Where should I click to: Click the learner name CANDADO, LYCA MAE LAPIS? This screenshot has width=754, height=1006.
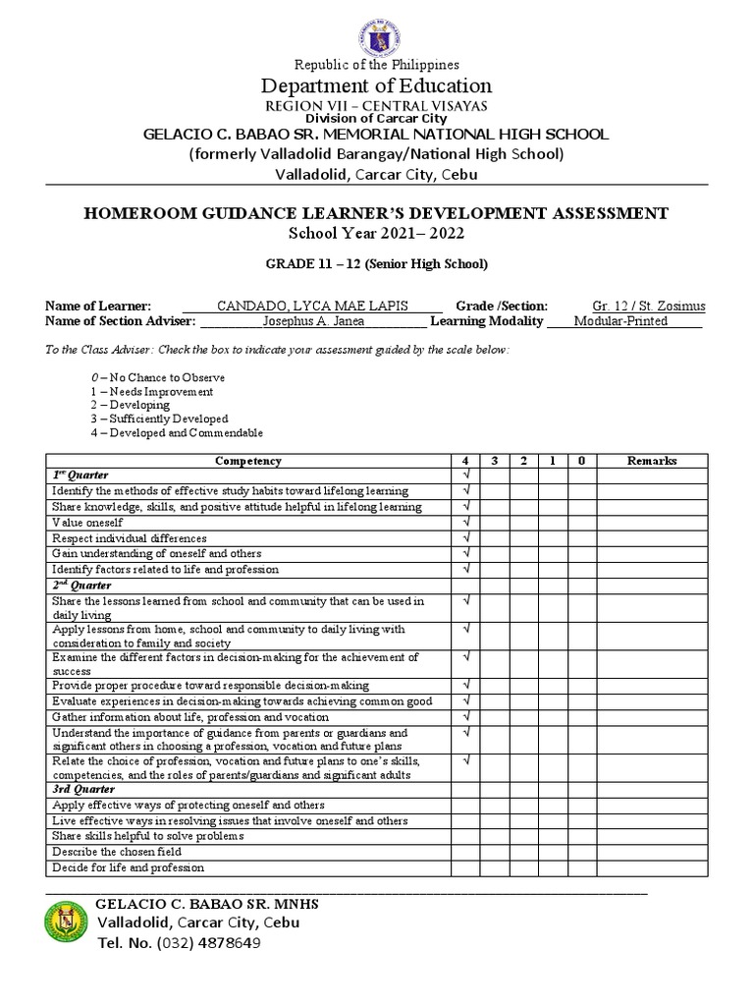312,306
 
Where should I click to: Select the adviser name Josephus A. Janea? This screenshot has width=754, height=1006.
312,321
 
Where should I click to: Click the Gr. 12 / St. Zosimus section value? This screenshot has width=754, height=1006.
647,306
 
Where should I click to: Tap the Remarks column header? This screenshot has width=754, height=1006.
652,461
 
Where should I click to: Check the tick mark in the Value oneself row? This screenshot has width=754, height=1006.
466,523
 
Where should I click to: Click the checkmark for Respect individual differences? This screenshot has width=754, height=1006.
466,538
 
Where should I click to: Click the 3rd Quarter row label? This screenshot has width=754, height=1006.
83,790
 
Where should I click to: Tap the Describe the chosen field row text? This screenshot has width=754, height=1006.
117,852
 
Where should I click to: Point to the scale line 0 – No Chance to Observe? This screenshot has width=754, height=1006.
158,377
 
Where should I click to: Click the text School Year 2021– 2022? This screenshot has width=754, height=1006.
377,233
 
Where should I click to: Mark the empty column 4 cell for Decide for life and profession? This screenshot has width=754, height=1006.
466,867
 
